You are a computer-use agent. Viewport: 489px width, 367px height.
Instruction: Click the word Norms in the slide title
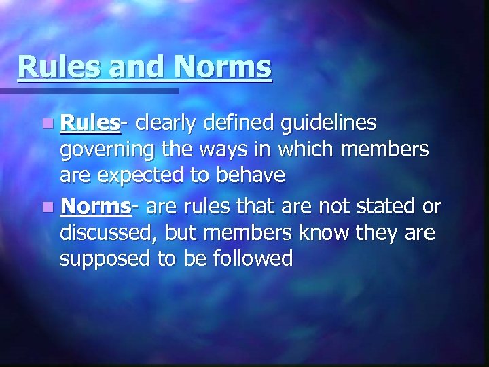tap(223, 67)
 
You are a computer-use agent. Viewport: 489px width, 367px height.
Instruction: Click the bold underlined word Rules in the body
tap(89, 123)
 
